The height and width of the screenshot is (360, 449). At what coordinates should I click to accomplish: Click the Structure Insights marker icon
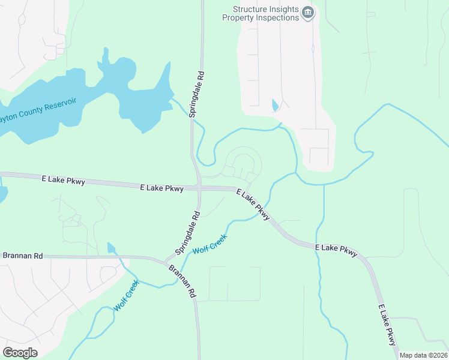[x=308, y=13]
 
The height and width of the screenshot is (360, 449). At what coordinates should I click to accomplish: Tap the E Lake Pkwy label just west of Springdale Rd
[x=63, y=179]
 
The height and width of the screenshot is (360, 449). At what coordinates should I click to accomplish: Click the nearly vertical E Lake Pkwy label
[x=387, y=325]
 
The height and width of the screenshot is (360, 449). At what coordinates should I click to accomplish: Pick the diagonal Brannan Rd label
[x=182, y=281]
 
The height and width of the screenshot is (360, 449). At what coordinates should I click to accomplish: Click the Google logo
[x=20, y=352]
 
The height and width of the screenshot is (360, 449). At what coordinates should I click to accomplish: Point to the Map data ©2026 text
[x=424, y=355]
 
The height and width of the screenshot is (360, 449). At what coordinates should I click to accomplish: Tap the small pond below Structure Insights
[x=275, y=105]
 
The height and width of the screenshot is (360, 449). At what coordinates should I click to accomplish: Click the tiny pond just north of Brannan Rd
[x=111, y=248]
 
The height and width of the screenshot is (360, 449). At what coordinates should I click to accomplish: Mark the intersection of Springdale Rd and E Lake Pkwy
[x=199, y=188]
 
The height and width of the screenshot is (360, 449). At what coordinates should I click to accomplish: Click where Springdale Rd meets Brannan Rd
[x=166, y=261]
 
